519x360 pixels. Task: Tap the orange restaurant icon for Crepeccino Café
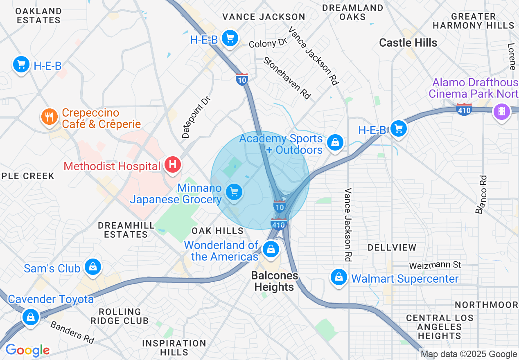(x=50, y=117)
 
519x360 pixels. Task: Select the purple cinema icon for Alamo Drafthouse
(x=502, y=111)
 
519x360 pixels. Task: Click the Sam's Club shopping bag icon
(x=93, y=267)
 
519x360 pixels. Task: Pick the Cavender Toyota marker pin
(x=30, y=317)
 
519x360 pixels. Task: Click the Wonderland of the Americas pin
(x=271, y=248)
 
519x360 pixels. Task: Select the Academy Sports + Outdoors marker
(x=335, y=142)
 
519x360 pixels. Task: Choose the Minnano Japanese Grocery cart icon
(x=234, y=192)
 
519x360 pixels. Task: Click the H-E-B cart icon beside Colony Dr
(x=230, y=38)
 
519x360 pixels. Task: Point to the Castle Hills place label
(x=408, y=43)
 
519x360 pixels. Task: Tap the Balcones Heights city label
(x=274, y=281)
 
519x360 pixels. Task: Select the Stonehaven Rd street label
(x=287, y=77)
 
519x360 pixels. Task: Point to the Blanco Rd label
(x=481, y=194)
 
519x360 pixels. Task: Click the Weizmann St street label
(x=435, y=265)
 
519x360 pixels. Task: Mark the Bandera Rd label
(x=72, y=332)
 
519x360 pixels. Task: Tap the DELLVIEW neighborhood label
(x=392, y=248)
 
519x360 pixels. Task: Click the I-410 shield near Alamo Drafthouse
(x=464, y=110)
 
